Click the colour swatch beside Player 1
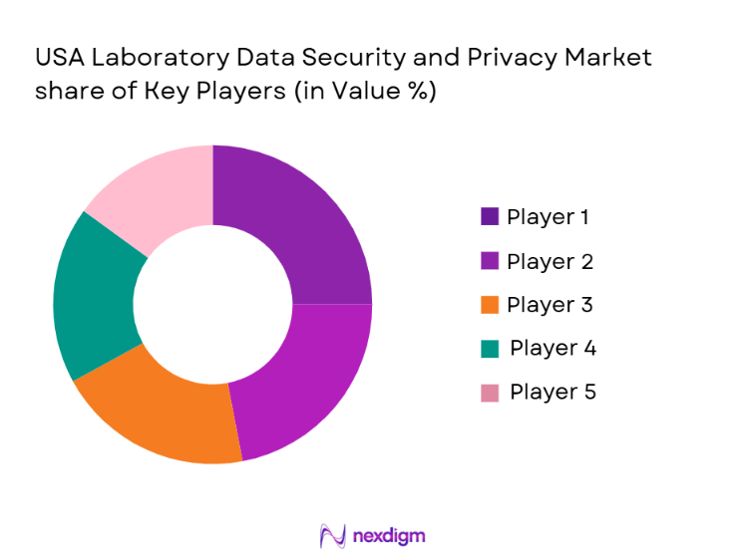click(x=490, y=216)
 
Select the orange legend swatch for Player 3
click(x=490, y=304)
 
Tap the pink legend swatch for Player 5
click(x=490, y=392)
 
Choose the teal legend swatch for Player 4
click(x=490, y=348)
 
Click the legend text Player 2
click(x=550, y=261)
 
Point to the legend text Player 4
click(x=553, y=348)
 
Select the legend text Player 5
click(x=553, y=392)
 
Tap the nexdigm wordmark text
click(x=389, y=535)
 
